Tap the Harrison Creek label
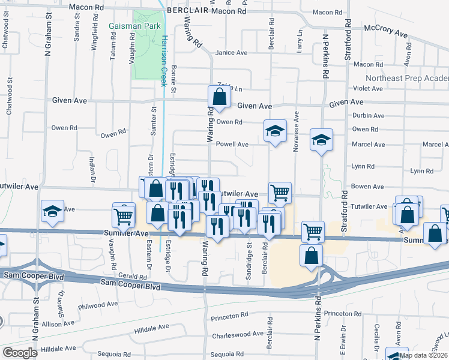pos(164,60)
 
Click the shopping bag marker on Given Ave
pos(219,97)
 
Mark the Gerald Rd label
pos(133,277)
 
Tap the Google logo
pos(20,353)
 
